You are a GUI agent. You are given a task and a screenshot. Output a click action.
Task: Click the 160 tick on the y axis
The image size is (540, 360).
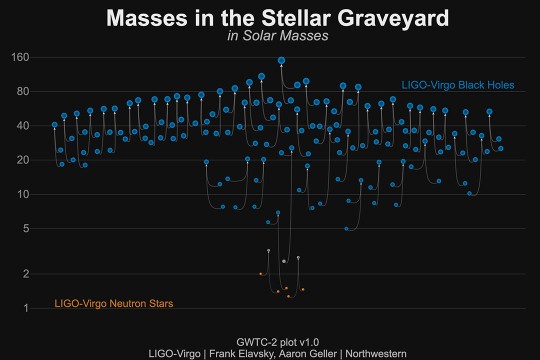click(x=19, y=57)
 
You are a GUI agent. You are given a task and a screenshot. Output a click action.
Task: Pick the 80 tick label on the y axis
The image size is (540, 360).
click(x=22, y=92)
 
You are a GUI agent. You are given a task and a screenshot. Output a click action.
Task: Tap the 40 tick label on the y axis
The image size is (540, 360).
click(x=22, y=126)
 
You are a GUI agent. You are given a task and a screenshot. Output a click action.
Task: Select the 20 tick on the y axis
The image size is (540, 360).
click(x=22, y=160)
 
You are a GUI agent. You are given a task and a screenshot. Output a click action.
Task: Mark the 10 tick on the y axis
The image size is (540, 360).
click(x=22, y=194)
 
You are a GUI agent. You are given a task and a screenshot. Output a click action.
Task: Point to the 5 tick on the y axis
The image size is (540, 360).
click(x=25, y=228)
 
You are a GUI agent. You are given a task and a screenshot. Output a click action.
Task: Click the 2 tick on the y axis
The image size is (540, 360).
click(x=25, y=273)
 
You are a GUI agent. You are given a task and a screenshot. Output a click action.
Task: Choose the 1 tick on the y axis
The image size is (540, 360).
click(x=25, y=308)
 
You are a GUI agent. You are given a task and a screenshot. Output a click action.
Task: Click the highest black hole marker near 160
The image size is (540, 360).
click(x=282, y=60)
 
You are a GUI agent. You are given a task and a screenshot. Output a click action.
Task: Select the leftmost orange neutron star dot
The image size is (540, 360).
click(x=260, y=273)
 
